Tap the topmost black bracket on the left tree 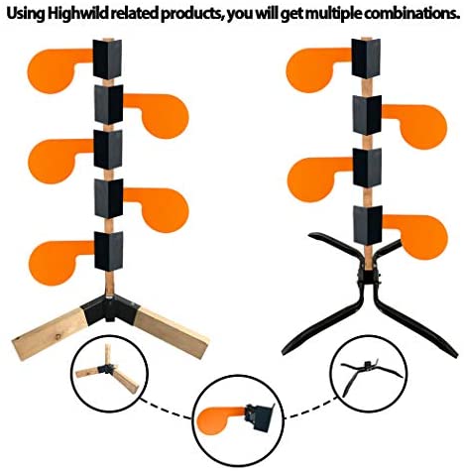pos(107,59)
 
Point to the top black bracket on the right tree pos(366,59)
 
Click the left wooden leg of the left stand pos(50,334)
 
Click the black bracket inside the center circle pos(260,416)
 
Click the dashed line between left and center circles pos(167,409)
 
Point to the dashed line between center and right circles pos(309,409)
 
